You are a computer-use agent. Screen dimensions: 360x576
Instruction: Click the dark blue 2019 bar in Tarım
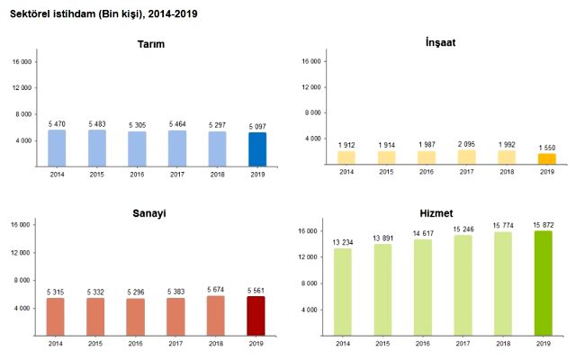257,149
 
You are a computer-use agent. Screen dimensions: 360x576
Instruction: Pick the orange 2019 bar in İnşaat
546,159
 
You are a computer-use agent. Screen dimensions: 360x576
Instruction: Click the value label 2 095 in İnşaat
466,144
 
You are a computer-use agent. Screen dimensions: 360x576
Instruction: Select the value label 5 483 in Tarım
96,123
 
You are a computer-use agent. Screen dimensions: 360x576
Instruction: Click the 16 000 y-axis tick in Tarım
22,61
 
